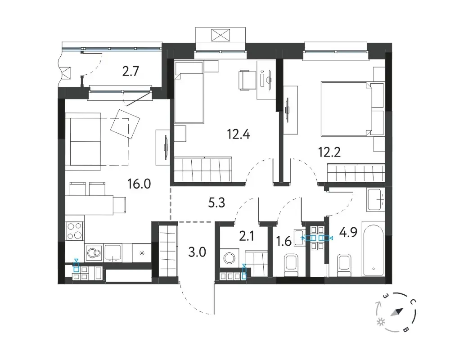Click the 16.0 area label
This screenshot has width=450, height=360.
coord(139,184)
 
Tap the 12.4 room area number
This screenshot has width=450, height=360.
coord(238,134)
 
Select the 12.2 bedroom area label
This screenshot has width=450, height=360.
coord(329,152)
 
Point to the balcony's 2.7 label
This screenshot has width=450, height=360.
coord(130,72)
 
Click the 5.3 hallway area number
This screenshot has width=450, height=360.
coord(216,203)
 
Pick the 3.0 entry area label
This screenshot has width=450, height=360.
coord(197,252)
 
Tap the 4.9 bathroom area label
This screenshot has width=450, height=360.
coord(348,232)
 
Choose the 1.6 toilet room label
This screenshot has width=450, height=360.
coord(284,242)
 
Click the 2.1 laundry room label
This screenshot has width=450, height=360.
coord(247,237)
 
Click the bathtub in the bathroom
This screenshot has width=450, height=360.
coord(373,248)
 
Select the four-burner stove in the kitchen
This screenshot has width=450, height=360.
coord(75,231)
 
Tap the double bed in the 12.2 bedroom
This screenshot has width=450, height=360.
coord(352,109)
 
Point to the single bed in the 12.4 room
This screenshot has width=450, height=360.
coord(189,92)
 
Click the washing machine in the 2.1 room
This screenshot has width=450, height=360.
coord(229,258)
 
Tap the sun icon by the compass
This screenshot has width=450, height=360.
coord(381,322)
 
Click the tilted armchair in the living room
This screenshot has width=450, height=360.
coord(125,124)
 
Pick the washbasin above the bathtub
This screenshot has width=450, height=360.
coord(375,200)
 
